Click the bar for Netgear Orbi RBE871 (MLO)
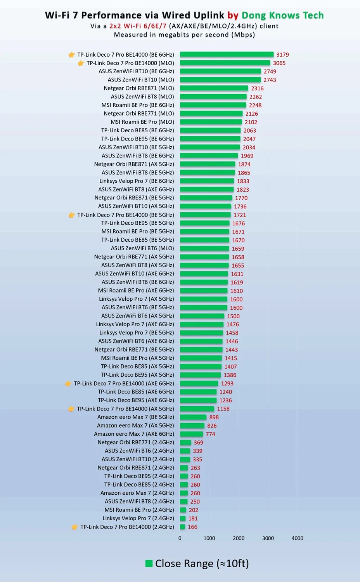(214, 88)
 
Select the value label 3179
(282, 55)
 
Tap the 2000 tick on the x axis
(239, 538)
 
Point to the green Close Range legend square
(149, 563)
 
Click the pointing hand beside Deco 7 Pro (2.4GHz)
(74, 527)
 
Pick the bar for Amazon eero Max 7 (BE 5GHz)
(193, 417)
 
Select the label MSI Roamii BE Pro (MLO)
(142, 122)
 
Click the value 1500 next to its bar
(233, 316)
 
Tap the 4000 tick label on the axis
(297, 538)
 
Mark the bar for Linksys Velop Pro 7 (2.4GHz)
(183, 518)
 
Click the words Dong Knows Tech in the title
(282, 16)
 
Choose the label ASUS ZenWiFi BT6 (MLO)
(142, 248)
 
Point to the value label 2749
(270, 71)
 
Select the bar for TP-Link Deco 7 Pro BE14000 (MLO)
(225, 63)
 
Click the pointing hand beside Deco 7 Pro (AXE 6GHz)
(68, 383)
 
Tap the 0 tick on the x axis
(180, 538)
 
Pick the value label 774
(210, 434)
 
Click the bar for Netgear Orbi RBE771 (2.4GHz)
(185, 442)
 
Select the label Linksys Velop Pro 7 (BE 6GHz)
(137, 181)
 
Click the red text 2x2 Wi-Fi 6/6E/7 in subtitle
(138, 26)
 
